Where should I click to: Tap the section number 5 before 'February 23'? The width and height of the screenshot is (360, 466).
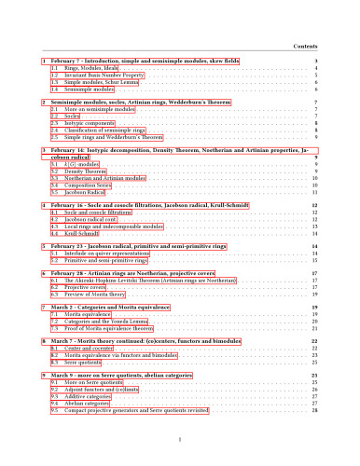click(x=44, y=246)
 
